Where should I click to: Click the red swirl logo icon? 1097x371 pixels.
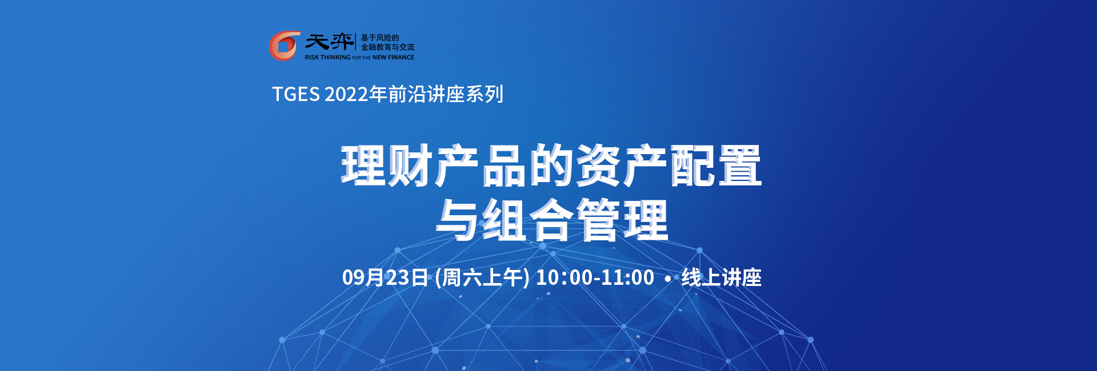click(285, 46)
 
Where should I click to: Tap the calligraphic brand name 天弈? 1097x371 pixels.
click(329, 42)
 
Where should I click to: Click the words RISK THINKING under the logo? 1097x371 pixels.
click(327, 58)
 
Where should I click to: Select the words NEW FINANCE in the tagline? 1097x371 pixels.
click(393, 58)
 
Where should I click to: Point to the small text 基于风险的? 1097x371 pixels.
click(380, 38)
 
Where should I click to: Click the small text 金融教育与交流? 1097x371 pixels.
click(387, 47)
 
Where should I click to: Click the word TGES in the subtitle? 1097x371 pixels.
click(295, 94)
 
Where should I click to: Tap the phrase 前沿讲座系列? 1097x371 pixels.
click(446, 94)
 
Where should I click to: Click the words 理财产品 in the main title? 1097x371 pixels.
click(434, 166)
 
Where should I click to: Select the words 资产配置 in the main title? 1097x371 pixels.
click(668, 166)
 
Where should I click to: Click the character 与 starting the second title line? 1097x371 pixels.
click(457, 220)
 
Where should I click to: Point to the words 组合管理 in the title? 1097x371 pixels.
click(575, 220)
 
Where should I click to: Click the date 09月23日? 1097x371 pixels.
click(385, 277)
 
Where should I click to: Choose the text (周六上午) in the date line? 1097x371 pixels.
click(482, 277)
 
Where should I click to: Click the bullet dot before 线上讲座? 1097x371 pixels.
click(668, 279)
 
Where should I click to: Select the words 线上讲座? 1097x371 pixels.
click(722, 277)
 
